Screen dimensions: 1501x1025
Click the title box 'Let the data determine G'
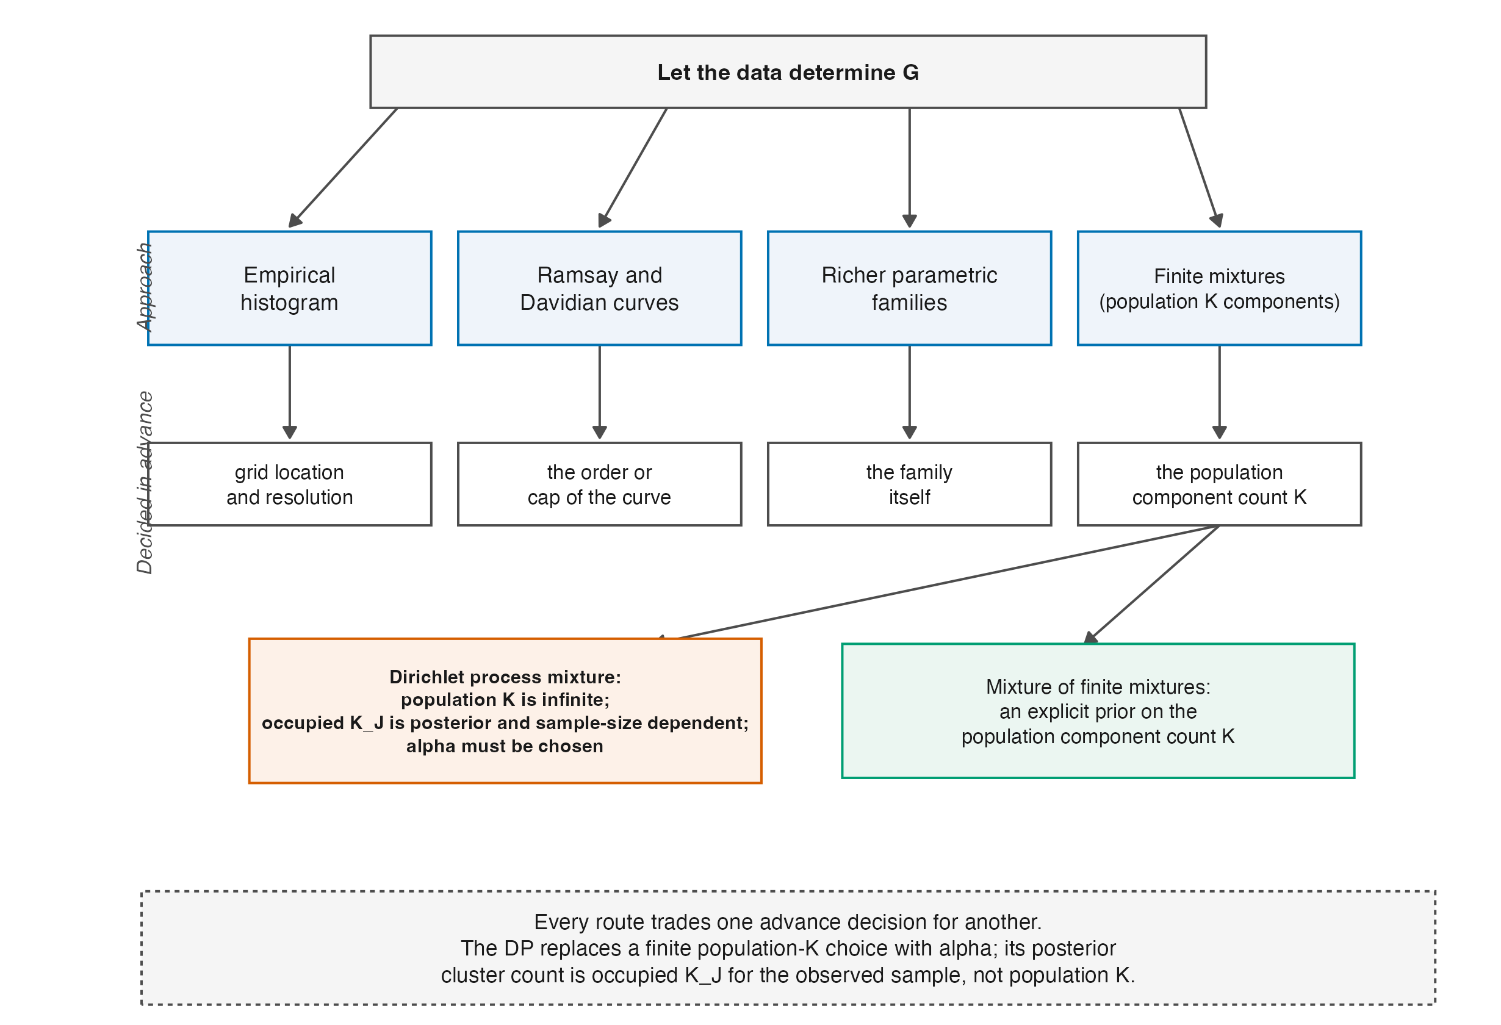pyautogui.click(x=788, y=72)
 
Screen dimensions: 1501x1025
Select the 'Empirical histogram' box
pyautogui.click(x=289, y=288)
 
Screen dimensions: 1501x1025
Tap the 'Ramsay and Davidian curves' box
pyautogui.click(x=599, y=288)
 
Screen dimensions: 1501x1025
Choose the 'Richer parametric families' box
pyautogui.click(x=909, y=288)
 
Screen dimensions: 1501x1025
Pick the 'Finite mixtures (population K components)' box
pyautogui.click(x=1219, y=288)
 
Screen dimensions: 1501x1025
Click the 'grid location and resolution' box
pyautogui.click(x=289, y=484)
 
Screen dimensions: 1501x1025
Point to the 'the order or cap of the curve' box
pyautogui.click(x=599, y=484)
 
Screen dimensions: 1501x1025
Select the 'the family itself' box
pyautogui.click(x=909, y=484)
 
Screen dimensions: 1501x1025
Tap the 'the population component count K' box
pyautogui.click(x=1219, y=484)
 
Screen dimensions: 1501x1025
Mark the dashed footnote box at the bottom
pyautogui.click(x=788, y=948)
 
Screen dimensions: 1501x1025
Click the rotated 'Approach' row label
pyautogui.click(x=145, y=287)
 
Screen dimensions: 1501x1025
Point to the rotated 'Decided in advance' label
pyautogui.click(x=145, y=483)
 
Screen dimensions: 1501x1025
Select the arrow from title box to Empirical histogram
pyautogui.click(x=343, y=168)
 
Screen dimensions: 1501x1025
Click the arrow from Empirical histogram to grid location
pyautogui.click(x=289, y=393)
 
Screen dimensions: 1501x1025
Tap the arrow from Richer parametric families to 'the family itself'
pyautogui.click(x=909, y=393)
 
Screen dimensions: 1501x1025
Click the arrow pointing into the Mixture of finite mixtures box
pyautogui.click(x=1151, y=584)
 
